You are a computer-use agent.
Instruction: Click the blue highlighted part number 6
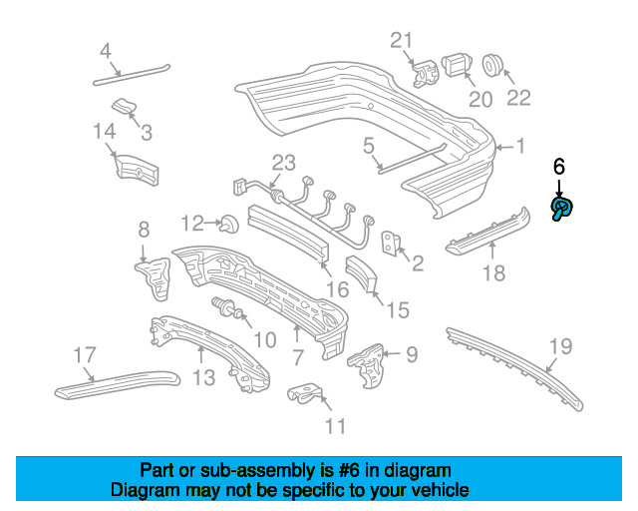coord(562,208)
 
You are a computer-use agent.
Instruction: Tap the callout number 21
coord(401,41)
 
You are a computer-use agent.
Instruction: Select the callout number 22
coord(519,98)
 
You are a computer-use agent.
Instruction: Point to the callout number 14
coord(105,131)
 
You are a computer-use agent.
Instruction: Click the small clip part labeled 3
coord(123,107)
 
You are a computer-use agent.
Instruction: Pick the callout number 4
coord(106,51)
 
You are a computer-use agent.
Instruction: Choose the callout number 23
coord(284,163)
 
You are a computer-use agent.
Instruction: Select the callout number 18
coord(493,271)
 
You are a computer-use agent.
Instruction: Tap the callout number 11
coord(335,426)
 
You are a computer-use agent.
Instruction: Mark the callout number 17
coord(85,353)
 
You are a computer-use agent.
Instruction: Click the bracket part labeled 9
coord(368,356)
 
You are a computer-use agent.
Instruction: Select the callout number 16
coord(337,289)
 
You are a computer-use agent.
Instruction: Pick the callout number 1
coord(519,147)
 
